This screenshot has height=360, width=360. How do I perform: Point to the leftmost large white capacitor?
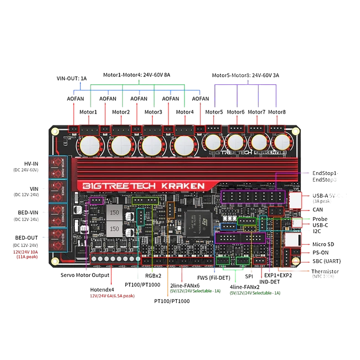tap(90, 146)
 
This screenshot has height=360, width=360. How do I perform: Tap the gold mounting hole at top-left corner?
tap(54, 131)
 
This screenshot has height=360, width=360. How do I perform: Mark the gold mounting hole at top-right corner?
tap(296, 132)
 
